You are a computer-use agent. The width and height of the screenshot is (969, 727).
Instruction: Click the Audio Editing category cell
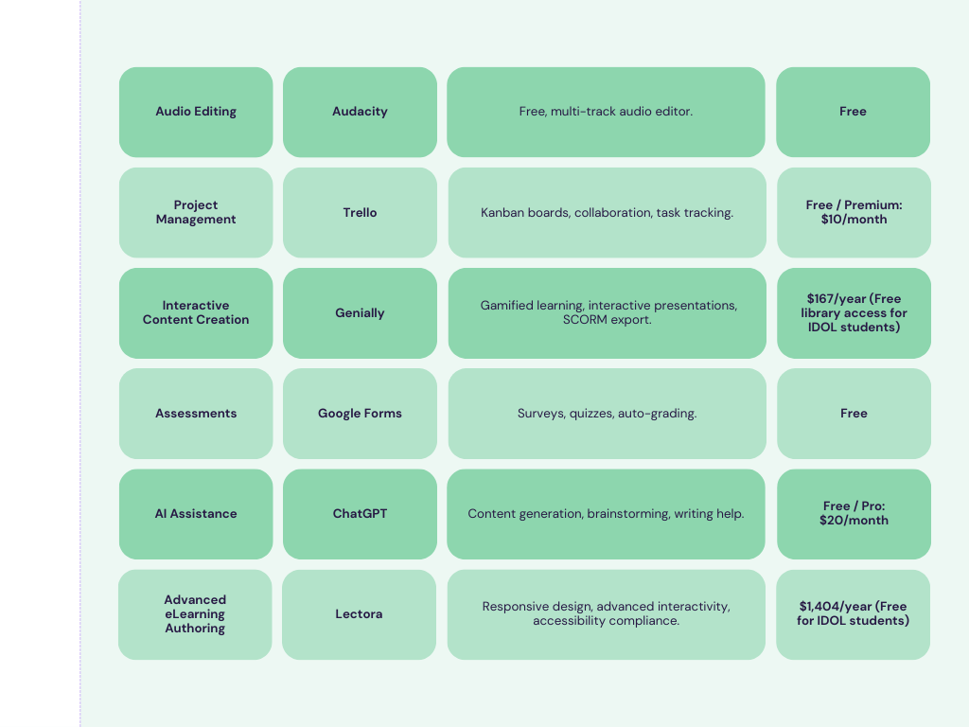pyautogui.click(x=196, y=112)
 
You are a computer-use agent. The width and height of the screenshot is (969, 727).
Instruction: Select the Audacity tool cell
pyautogui.click(x=360, y=112)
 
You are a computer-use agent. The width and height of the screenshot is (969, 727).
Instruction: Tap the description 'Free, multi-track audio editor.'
pyautogui.click(x=606, y=112)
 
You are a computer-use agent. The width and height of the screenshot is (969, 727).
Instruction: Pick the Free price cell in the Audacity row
pyautogui.click(x=853, y=112)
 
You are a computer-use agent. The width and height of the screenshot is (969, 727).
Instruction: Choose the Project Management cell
pyautogui.click(x=196, y=213)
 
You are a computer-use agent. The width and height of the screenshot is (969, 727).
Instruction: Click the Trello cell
pyautogui.click(x=360, y=213)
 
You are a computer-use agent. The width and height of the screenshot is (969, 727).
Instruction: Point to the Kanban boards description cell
pyautogui.click(x=607, y=213)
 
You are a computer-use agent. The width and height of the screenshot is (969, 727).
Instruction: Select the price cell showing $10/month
pyautogui.click(x=854, y=213)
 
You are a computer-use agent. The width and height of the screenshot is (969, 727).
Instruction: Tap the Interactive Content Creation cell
pyautogui.click(x=196, y=312)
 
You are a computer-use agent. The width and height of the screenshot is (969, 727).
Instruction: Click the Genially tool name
pyautogui.click(x=360, y=312)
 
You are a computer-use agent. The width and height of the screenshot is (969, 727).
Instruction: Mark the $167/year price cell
pyautogui.click(x=854, y=312)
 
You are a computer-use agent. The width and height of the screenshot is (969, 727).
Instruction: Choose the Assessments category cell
pyautogui.click(x=196, y=414)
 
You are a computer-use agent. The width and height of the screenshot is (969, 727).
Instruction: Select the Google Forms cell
pyautogui.click(x=360, y=414)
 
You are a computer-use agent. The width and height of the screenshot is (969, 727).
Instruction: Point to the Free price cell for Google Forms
pyautogui.click(x=854, y=414)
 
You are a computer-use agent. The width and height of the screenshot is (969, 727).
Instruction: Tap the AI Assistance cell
pyautogui.click(x=196, y=514)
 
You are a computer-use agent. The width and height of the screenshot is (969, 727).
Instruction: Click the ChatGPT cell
pyautogui.click(x=360, y=514)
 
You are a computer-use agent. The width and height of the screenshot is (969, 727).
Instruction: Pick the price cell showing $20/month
pyautogui.click(x=854, y=514)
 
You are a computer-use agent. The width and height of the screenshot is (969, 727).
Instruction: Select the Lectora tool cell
pyautogui.click(x=359, y=614)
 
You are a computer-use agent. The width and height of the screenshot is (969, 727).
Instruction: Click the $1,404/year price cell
pyautogui.click(x=853, y=614)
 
